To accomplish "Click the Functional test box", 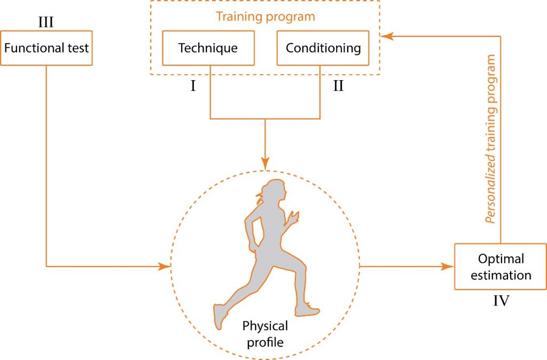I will click(46, 48).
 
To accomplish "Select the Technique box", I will click(208, 48).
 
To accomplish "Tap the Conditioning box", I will click(323, 48).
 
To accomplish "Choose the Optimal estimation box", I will click(501, 267).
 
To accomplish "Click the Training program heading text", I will click(265, 17).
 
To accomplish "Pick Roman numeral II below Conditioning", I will click(338, 85).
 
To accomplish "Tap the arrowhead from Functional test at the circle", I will click(165, 265).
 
